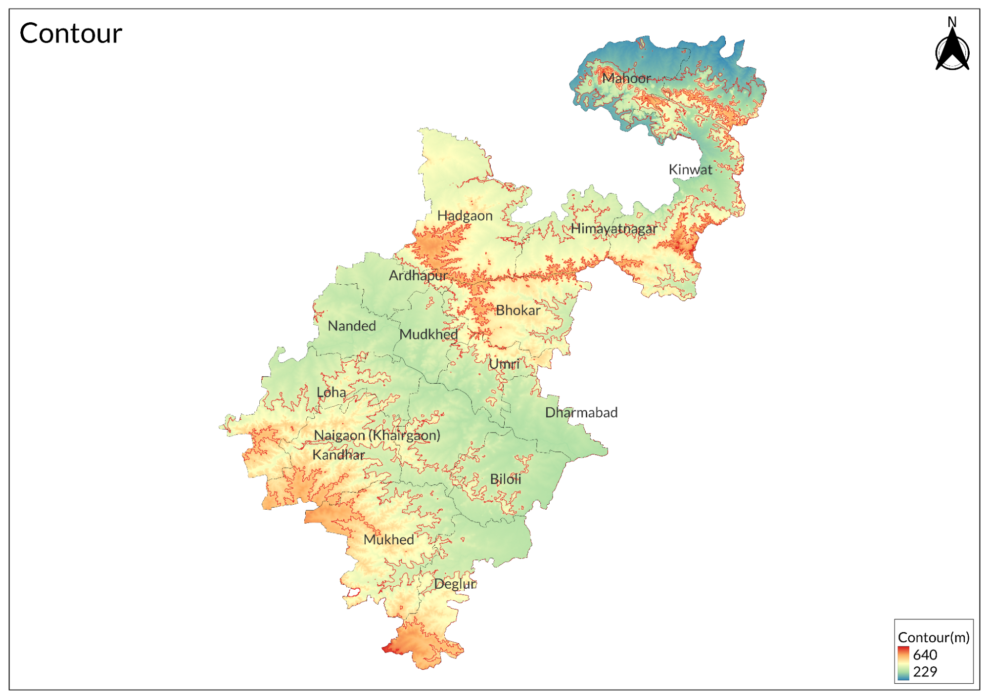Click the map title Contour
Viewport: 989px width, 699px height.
pyautogui.click(x=71, y=34)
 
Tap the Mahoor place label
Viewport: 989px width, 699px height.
pyautogui.click(x=626, y=78)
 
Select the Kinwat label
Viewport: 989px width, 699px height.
pyautogui.click(x=690, y=170)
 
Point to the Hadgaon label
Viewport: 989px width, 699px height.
pyautogui.click(x=465, y=216)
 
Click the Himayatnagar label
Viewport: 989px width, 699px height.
pyautogui.click(x=613, y=228)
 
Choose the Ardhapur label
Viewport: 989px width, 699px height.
pyautogui.click(x=418, y=275)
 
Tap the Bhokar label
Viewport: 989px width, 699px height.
pyautogui.click(x=518, y=310)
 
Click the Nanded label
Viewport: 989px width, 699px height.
pyautogui.click(x=352, y=326)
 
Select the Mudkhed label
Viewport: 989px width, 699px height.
pyautogui.click(x=428, y=335)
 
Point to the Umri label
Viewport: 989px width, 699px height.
pyautogui.click(x=504, y=364)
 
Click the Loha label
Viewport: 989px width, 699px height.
pyautogui.click(x=331, y=393)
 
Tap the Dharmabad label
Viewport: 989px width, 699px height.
pyautogui.click(x=581, y=413)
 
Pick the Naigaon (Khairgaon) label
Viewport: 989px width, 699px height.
pyautogui.click(x=377, y=436)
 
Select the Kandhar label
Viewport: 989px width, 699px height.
pyautogui.click(x=338, y=455)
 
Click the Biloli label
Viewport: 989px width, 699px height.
pyautogui.click(x=506, y=479)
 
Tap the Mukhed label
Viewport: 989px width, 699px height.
pyautogui.click(x=389, y=540)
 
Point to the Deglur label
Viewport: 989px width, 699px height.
pyautogui.click(x=455, y=584)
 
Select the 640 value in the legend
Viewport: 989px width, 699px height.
pyautogui.click(x=925, y=655)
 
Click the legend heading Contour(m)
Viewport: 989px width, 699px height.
pyautogui.click(x=933, y=637)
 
